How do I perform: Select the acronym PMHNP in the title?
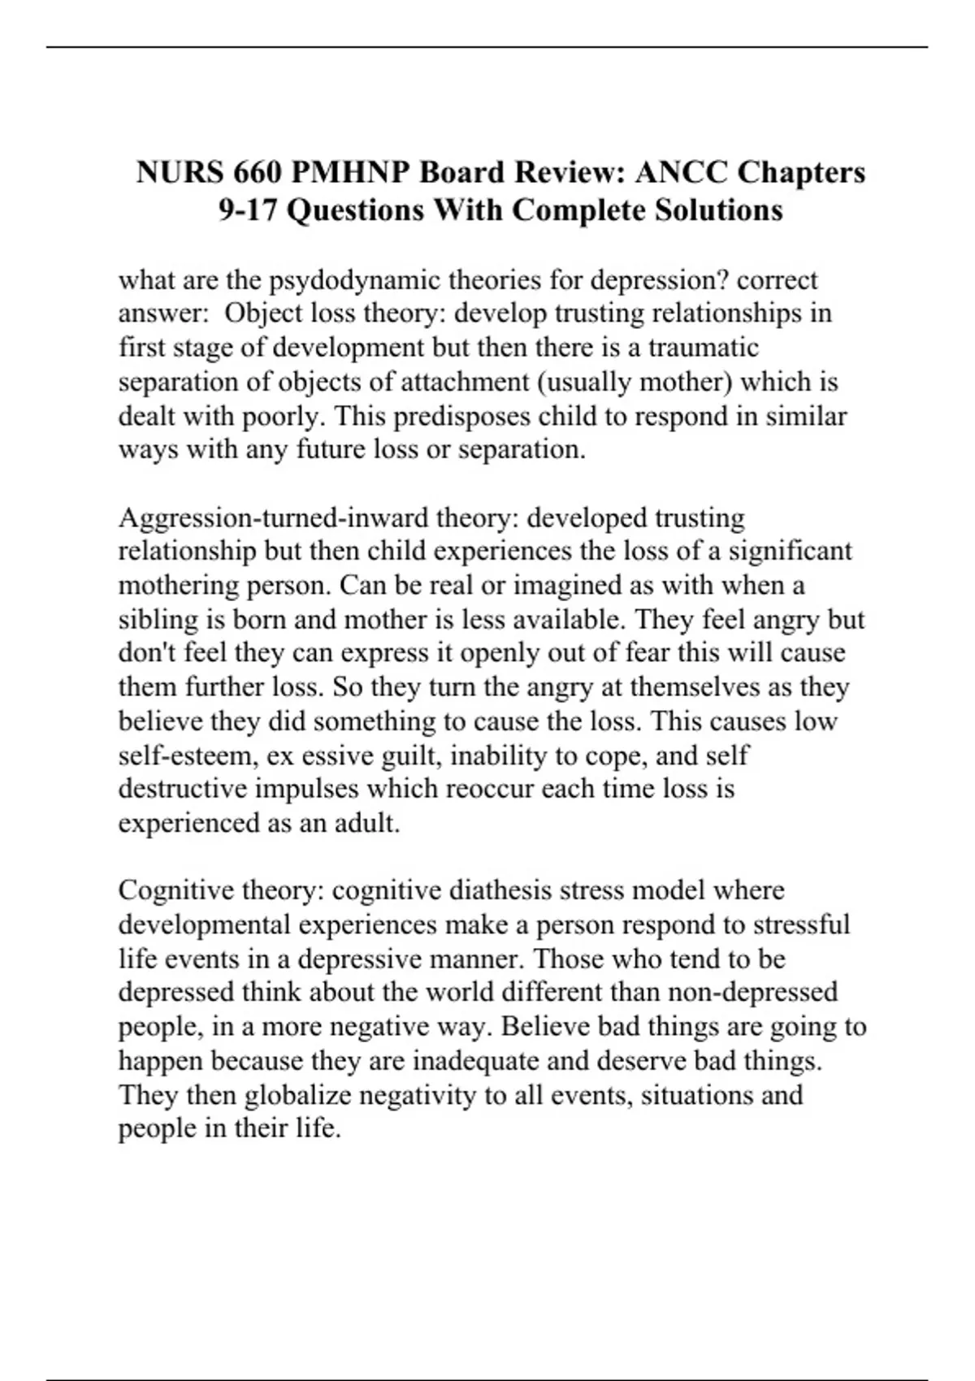(351, 172)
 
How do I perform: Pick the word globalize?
(297, 1095)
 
